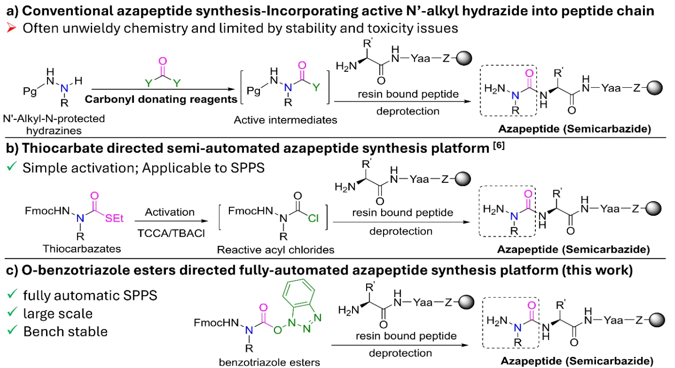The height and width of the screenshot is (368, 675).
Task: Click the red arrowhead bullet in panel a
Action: point(7,29)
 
